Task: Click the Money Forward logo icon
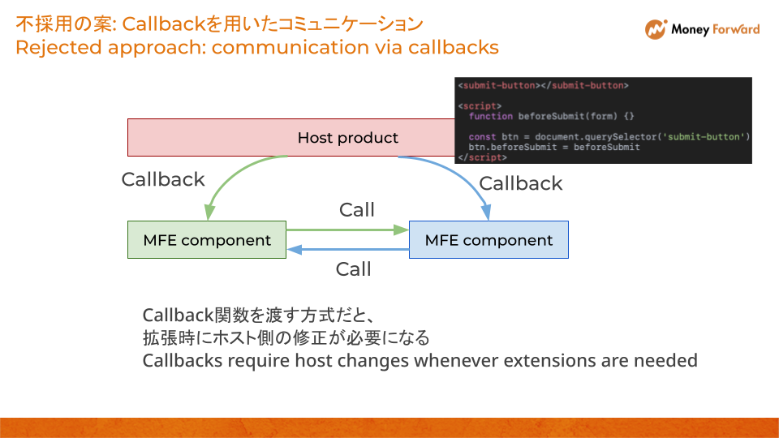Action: click(x=656, y=29)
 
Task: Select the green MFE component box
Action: click(x=207, y=240)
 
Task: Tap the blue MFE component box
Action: click(x=488, y=240)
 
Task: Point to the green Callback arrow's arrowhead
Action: click(x=209, y=213)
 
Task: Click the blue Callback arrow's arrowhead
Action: click(x=487, y=213)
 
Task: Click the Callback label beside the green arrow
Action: click(x=163, y=179)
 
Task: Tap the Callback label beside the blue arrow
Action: click(x=520, y=183)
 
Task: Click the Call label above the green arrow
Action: click(x=356, y=210)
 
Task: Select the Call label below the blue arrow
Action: click(x=353, y=269)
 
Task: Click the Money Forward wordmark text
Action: click(x=715, y=30)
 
